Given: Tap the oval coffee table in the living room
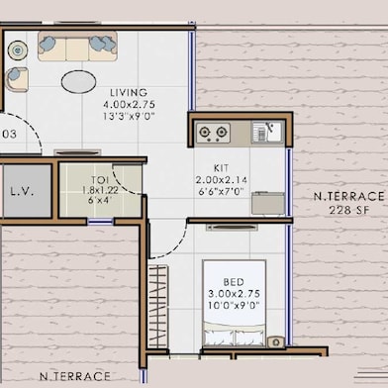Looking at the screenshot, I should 80,81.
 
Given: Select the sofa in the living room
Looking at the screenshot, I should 77,45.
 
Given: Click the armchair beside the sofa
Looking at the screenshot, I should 15,78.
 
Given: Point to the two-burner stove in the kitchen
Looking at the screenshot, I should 213,132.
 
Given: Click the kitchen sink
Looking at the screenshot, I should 264,132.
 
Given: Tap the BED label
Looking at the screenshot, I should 234,281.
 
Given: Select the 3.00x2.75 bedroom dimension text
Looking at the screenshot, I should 235,294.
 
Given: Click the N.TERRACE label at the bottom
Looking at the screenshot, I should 74,376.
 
